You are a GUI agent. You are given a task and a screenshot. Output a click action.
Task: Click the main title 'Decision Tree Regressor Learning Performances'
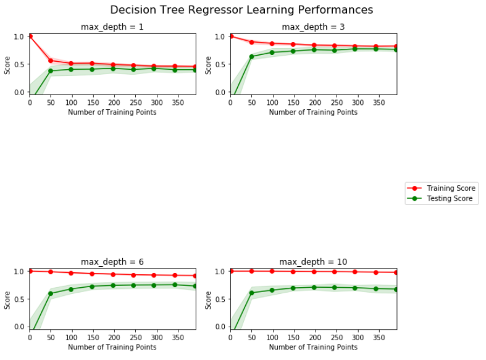241,10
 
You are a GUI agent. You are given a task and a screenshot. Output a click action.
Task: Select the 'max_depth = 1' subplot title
112,27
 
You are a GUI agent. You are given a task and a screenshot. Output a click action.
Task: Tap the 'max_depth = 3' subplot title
313,27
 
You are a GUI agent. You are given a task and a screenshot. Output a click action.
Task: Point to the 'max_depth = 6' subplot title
112,262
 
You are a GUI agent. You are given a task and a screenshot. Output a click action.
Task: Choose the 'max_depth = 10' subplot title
313,262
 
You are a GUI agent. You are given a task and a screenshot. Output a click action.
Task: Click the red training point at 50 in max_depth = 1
51,61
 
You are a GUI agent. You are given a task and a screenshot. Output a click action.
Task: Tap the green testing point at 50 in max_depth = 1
51,71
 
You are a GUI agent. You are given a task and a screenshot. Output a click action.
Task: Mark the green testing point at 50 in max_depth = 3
251,57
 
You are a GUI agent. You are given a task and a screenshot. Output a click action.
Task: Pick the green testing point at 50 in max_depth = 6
51,293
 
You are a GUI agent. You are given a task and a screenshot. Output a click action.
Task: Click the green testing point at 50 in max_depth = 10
251,293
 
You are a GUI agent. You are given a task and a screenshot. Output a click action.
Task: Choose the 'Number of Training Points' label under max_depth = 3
313,112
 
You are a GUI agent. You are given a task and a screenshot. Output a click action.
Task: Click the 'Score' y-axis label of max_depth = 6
7,300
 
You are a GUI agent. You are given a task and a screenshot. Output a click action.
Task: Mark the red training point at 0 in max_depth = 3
231,36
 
